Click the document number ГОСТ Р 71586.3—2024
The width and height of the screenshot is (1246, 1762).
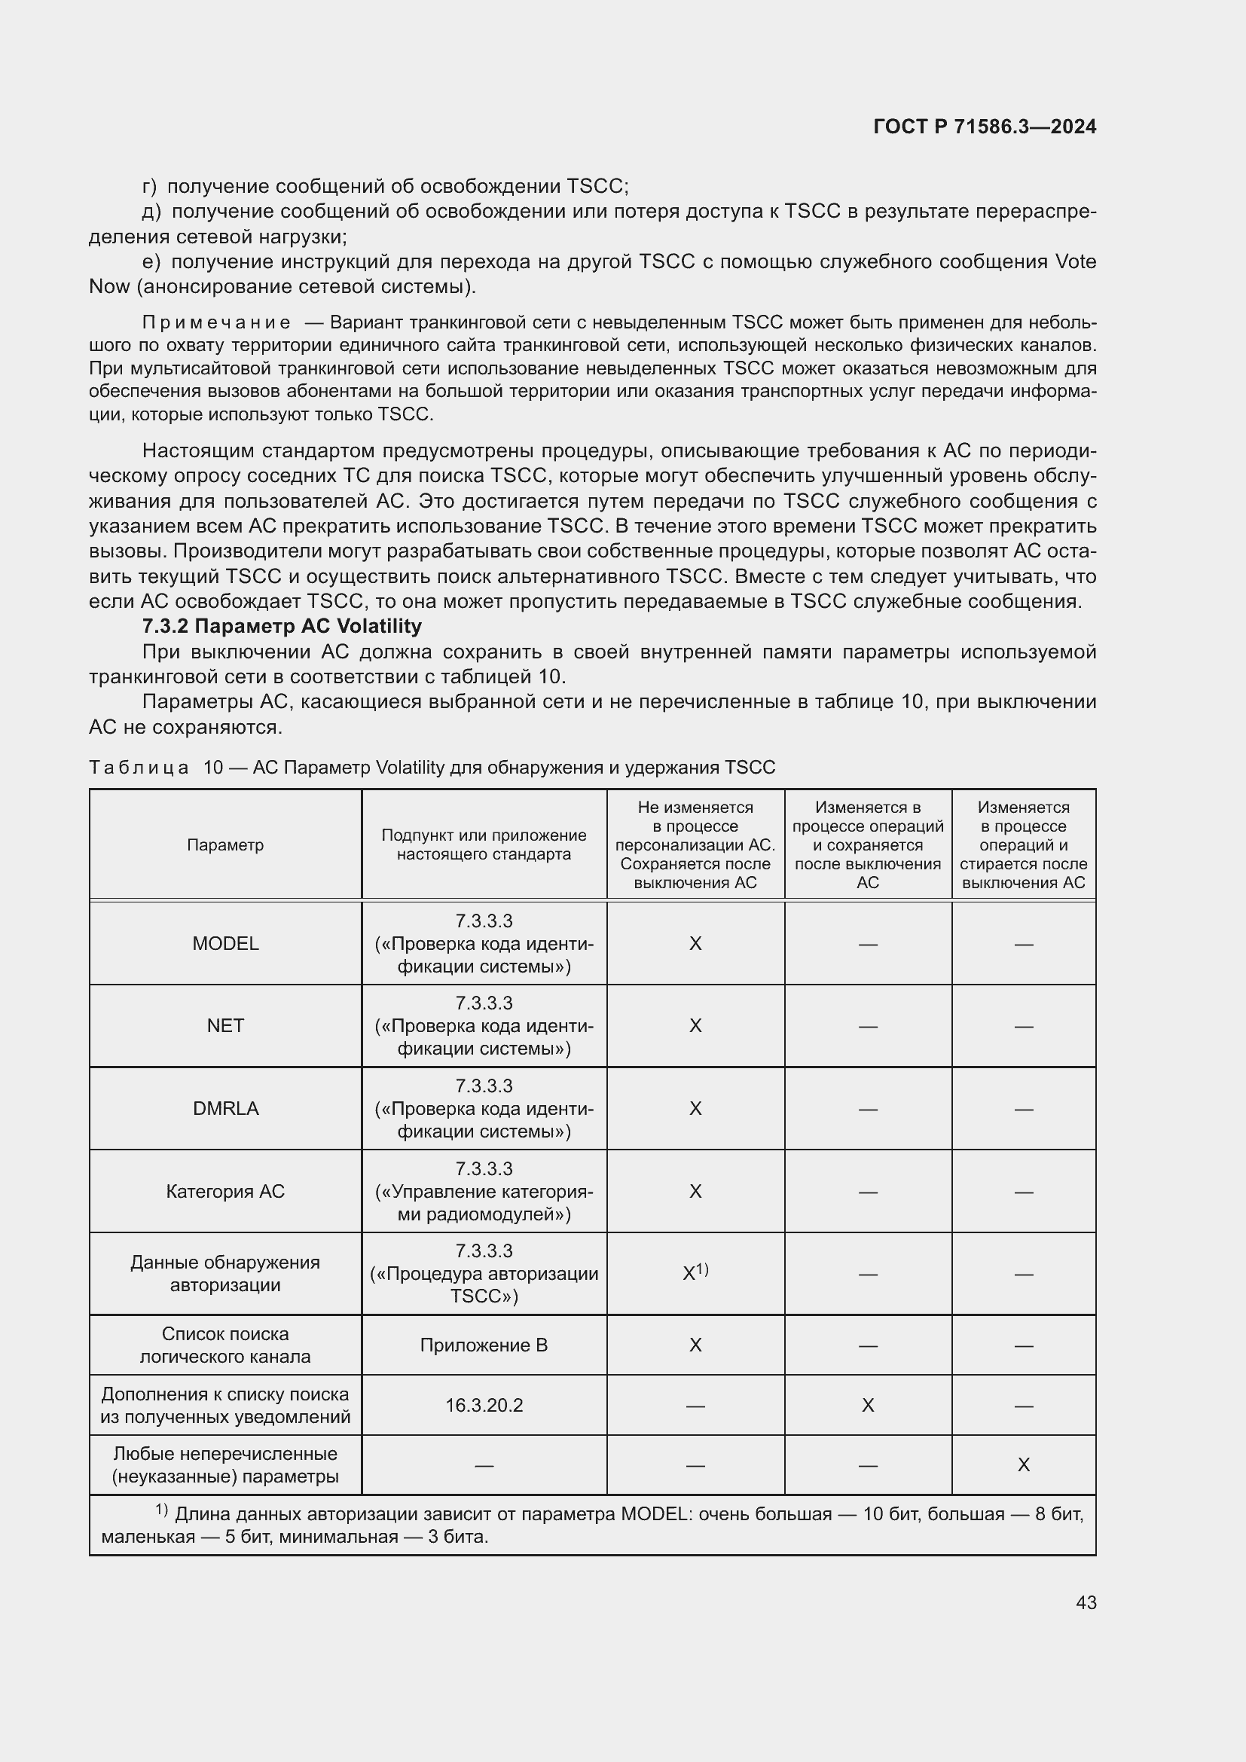click(985, 127)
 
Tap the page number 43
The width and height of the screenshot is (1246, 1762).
click(1086, 1602)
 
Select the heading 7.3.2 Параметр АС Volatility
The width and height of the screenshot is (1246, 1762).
click(282, 626)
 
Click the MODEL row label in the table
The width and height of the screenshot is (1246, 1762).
click(225, 943)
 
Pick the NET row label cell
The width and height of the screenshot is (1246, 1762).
click(225, 1025)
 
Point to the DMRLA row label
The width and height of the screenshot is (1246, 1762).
click(225, 1108)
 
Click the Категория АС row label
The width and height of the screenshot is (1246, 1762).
click(225, 1191)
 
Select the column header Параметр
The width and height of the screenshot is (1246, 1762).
click(225, 845)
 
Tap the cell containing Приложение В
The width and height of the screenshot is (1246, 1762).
click(484, 1345)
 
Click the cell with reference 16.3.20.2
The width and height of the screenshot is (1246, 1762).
click(484, 1405)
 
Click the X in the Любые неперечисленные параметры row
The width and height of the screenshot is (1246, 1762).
click(1023, 1465)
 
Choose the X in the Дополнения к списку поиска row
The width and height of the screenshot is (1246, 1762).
click(868, 1405)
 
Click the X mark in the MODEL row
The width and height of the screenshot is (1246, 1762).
click(695, 943)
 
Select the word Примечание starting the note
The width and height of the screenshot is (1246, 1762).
click(216, 322)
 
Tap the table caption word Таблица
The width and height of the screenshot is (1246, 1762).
click(139, 768)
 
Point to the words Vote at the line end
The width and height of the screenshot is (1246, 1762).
click(1076, 261)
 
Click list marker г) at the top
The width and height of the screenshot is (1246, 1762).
click(150, 187)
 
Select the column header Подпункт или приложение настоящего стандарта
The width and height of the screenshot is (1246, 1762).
click(484, 845)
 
